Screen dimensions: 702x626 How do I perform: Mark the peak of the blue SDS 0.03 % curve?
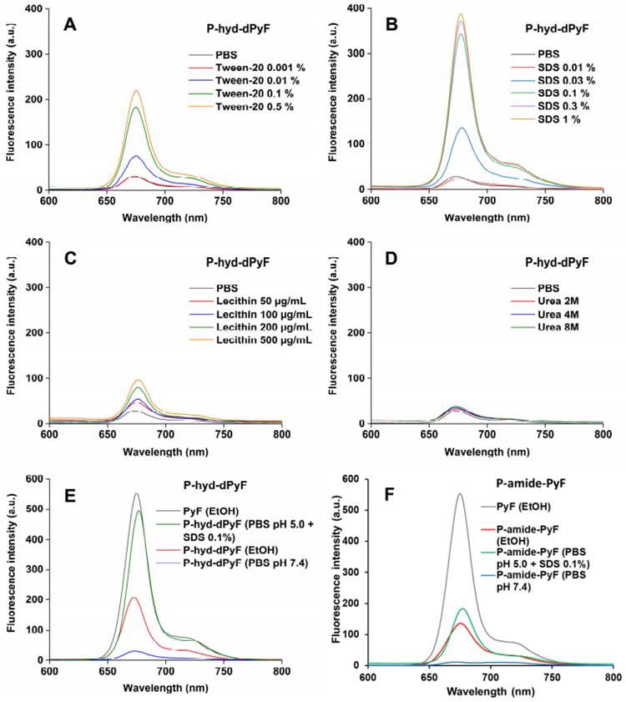point(463,128)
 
